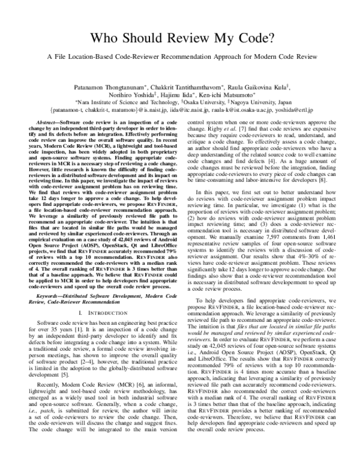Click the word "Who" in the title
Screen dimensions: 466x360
(x=103, y=38)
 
